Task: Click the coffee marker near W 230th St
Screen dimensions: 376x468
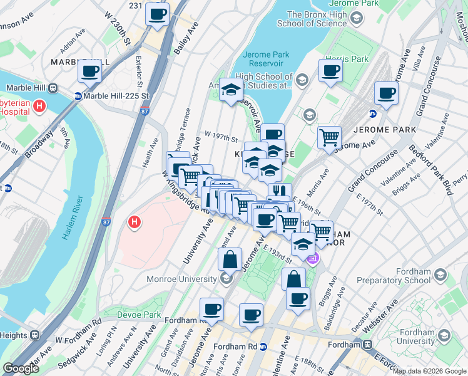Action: (x=157, y=14)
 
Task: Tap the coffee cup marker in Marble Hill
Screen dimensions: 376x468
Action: (x=90, y=72)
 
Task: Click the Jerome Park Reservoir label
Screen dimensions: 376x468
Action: (x=266, y=60)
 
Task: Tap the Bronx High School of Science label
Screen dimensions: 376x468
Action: (x=317, y=19)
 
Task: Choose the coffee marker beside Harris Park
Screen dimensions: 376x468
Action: (x=330, y=70)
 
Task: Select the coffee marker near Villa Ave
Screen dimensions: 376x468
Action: (x=386, y=94)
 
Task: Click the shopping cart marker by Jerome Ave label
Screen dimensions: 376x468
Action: (x=329, y=136)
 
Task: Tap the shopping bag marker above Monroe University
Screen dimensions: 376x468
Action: (x=230, y=258)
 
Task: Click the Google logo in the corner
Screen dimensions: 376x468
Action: (x=21, y=368)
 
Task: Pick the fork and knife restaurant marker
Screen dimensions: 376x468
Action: (x=280, y=192)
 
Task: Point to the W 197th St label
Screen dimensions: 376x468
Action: (x=221, y=138)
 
